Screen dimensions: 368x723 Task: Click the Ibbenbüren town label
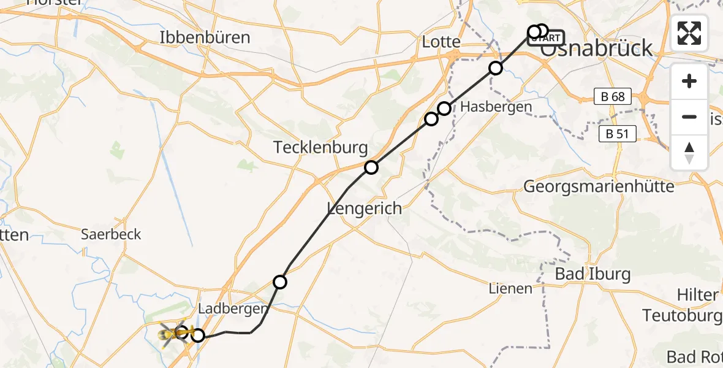[205, 37]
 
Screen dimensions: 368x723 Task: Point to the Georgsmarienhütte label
[599, 186]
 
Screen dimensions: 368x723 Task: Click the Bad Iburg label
[592, 274]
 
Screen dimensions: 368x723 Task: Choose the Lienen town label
[510, 288]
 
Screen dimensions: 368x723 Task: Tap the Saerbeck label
[112, 234]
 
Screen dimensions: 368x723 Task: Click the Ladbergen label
[234, 309]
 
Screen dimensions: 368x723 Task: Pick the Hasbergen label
[496, 107]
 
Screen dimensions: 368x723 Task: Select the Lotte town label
[441, 42]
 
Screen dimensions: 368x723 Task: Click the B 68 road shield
[613, 96]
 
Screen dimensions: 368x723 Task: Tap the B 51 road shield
[618, 134]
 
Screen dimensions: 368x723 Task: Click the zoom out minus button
[689, 117]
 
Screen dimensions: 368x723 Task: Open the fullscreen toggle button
[689, 33]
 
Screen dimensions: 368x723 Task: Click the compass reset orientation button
[689, 153]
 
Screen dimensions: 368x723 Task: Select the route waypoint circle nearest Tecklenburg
[371, 167]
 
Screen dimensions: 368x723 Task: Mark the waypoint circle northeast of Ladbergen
[280, 282]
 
